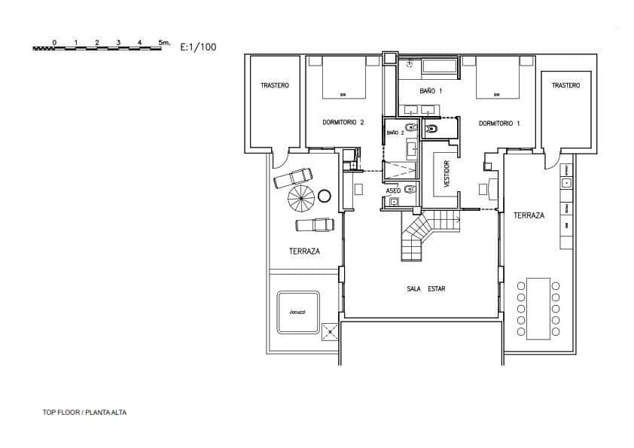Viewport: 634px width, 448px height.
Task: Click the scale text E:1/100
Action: (x=199, y=47)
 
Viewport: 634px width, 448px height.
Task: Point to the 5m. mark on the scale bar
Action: (x=164, y=42)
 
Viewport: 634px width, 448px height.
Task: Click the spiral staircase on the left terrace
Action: (x=301, y=200)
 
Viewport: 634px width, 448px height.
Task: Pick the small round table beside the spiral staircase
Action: (x=325, y=196)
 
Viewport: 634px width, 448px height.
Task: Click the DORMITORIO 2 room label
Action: (x=343, y=123)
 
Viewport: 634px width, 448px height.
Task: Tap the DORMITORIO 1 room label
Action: (x=499, y=123)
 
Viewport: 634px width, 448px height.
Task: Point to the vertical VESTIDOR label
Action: (x=447, y=174)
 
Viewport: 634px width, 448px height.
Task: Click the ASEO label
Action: (x=394, y=191)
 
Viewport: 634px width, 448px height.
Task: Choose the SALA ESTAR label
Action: (x=425, y=288)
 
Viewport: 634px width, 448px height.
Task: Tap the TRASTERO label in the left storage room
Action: (x=275, y=86)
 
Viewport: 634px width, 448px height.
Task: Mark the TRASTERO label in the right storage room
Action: (x=565, y=86)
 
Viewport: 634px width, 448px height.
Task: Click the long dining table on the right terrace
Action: (x=538, y=309)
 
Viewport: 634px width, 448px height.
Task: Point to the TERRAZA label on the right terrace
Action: (x=529, y=215)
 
